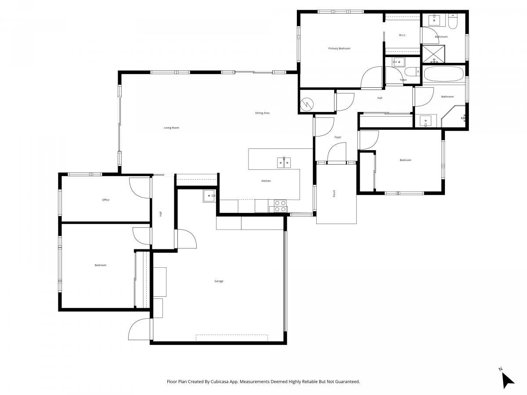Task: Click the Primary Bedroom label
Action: click(x=339, y=48)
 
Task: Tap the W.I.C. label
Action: click(x=402, y=35)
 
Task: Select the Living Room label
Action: click(x=171, y=128)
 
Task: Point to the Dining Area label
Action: click(x=262, y=113)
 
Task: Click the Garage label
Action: click(x=219, y=281)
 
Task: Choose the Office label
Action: click(x=106, y=200)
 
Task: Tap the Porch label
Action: click(x=334, y=194)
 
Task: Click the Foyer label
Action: click(x=338, y=137)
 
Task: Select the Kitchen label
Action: click(x=266, y=181)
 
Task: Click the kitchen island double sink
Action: click(x=284, y=162)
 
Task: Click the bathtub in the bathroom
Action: click(x=443, y=74)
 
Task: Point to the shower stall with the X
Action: click(x=433, y=54)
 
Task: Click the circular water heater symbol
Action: click(x=307, y=104)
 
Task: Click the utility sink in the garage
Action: click(x=209, y=196)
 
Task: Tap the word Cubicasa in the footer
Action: click(x=220, y=381)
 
